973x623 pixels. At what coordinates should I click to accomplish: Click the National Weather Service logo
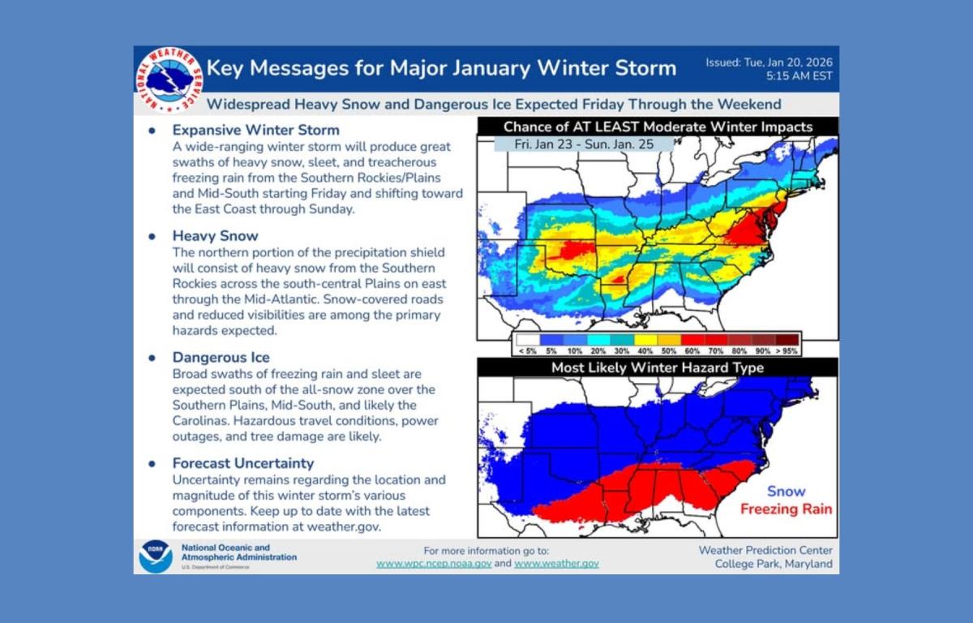point(169,79)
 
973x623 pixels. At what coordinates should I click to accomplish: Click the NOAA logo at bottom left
point(155,556)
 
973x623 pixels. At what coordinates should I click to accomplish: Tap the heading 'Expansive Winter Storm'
point(255,130)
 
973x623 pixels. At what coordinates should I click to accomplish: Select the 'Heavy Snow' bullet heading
point(215,236)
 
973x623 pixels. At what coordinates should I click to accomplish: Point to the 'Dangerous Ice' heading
point(221,357)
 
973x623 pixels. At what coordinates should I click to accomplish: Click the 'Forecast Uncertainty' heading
point(242,463)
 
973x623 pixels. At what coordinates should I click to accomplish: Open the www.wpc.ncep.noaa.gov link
point(434,563)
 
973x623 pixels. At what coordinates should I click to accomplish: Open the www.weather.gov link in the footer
point(556,563)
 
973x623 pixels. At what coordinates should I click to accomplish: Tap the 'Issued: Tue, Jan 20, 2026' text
point(769,62)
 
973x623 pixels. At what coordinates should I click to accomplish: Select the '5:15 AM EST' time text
point(799,77)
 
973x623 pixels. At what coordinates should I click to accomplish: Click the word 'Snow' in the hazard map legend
point(786,491)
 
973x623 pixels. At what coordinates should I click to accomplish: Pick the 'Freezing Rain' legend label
point(785,509)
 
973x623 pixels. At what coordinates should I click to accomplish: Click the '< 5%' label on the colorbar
point(526,351)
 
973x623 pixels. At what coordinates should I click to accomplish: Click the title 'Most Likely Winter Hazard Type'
point(657,367)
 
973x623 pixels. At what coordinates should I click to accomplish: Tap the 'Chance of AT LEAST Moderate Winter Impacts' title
point(657,127)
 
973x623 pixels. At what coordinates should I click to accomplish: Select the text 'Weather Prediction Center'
point(765,550)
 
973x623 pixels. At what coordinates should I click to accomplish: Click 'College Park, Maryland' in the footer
point(773,565)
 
